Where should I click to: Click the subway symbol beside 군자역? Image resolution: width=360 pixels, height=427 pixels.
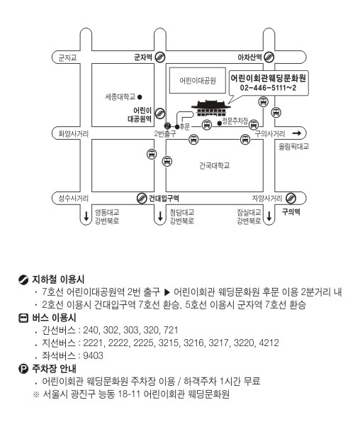tap(160, 57)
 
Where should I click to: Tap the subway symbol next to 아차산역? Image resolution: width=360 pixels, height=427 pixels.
tap(269, 57)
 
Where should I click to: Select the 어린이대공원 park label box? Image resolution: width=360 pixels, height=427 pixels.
tap(198, 80)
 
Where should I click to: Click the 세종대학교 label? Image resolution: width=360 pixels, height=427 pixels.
tap(120, 96)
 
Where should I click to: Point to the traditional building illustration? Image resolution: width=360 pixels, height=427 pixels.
tap(211, 108)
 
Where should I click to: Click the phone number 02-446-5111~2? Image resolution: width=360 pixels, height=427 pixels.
tap(268, 88)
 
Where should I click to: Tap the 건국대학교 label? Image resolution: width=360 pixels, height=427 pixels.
tap(215, 165)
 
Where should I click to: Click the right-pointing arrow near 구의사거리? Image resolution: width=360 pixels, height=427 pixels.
tap(297, 133)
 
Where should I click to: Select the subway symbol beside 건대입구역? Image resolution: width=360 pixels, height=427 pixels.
tap(142, 199)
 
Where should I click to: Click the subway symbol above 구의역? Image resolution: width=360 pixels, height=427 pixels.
tap(291, 199)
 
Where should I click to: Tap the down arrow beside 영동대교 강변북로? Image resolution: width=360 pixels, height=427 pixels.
tap(86, 216)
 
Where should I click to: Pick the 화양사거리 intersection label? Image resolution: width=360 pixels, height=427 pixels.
tap(74, 134)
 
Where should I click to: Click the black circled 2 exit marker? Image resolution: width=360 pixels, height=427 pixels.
tap(168, 126)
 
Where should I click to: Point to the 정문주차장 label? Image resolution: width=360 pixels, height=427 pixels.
tap(235, 121)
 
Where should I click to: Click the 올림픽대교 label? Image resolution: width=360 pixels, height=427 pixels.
tap(293, 147)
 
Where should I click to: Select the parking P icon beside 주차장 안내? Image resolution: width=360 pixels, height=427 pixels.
tap(23, 369)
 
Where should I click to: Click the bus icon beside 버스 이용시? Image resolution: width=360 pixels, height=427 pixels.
tap(23, 318)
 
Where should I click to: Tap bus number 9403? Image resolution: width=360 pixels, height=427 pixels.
tap(93, 355)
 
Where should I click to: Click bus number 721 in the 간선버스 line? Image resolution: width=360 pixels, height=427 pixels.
tap(171, 330)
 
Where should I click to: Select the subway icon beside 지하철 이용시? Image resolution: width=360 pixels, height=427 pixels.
tap(23, 279)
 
